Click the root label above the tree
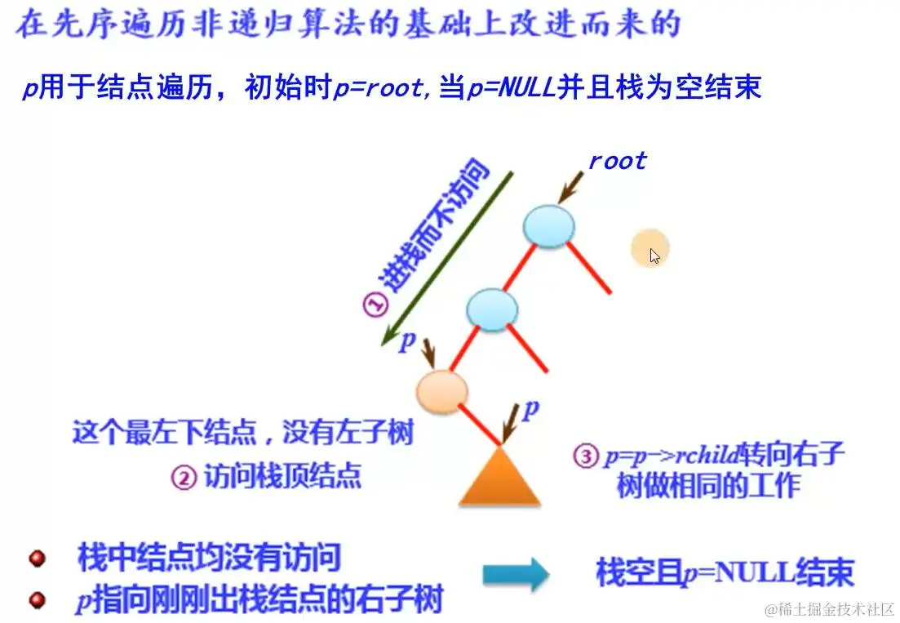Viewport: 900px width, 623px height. coord(617,161)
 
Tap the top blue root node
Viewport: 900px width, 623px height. coord(549,225)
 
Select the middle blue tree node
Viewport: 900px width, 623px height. coord(492,309)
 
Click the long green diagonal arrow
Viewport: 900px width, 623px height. coord(447,260)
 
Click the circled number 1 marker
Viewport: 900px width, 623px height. coord(375,305)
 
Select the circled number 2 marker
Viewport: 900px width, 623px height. coord(184,478)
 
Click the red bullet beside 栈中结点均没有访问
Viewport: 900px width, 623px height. coord(37,559)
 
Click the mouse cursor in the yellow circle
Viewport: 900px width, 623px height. coord(654,256)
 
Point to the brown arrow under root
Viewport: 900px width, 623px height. coord(574,186)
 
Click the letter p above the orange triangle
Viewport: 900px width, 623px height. coord(530,411)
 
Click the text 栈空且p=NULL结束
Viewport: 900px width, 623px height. coord(725,574)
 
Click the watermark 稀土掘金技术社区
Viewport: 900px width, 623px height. coord(830,610)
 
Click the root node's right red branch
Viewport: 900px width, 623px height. coord(589,268)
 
